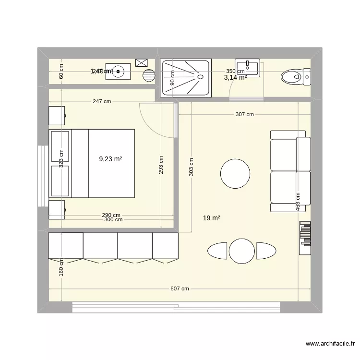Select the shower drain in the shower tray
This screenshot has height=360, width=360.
199,76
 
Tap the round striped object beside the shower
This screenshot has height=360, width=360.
149,75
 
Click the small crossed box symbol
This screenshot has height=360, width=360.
142,62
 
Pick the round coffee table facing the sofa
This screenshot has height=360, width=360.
235,173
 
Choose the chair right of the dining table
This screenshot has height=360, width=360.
266,251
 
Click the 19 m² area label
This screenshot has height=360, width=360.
211,218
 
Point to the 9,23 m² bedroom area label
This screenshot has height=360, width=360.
110,159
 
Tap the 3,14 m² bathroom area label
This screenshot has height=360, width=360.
235,77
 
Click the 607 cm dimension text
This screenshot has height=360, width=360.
180,288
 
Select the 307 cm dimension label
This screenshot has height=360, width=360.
244,114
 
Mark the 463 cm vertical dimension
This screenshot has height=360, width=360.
298,202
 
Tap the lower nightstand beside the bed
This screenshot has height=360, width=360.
57,210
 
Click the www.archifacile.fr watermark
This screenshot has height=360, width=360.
330,344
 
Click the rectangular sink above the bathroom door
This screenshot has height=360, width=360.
247,68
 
